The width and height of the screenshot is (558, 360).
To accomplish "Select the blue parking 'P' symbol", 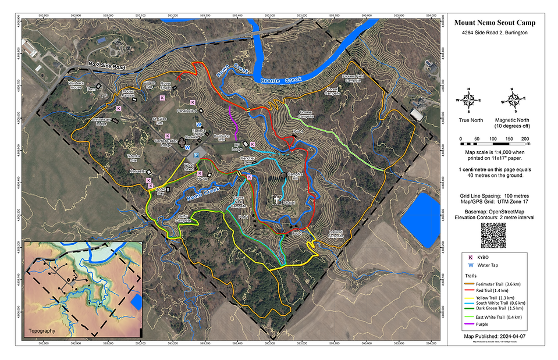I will click(x=196, y=155).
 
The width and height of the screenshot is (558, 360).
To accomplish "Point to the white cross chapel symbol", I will click(x=276, y=200).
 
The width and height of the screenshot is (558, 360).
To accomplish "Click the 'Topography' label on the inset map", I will click(x=42, y=330).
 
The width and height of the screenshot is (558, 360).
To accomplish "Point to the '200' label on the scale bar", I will click(x=525, y=138).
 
